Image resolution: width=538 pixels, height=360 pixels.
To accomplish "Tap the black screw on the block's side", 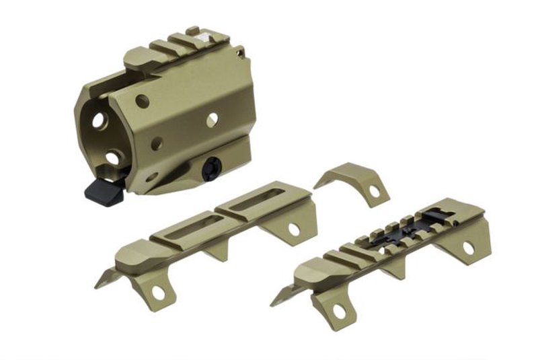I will coord(212,168).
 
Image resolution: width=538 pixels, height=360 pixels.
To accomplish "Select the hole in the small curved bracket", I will coord(375,191).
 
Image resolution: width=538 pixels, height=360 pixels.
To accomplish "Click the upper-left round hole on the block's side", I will coord(142,102).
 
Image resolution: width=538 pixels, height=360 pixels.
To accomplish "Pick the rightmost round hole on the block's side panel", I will coord(212,120).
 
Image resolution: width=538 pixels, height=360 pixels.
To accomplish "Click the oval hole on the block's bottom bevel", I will coord(151,178).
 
